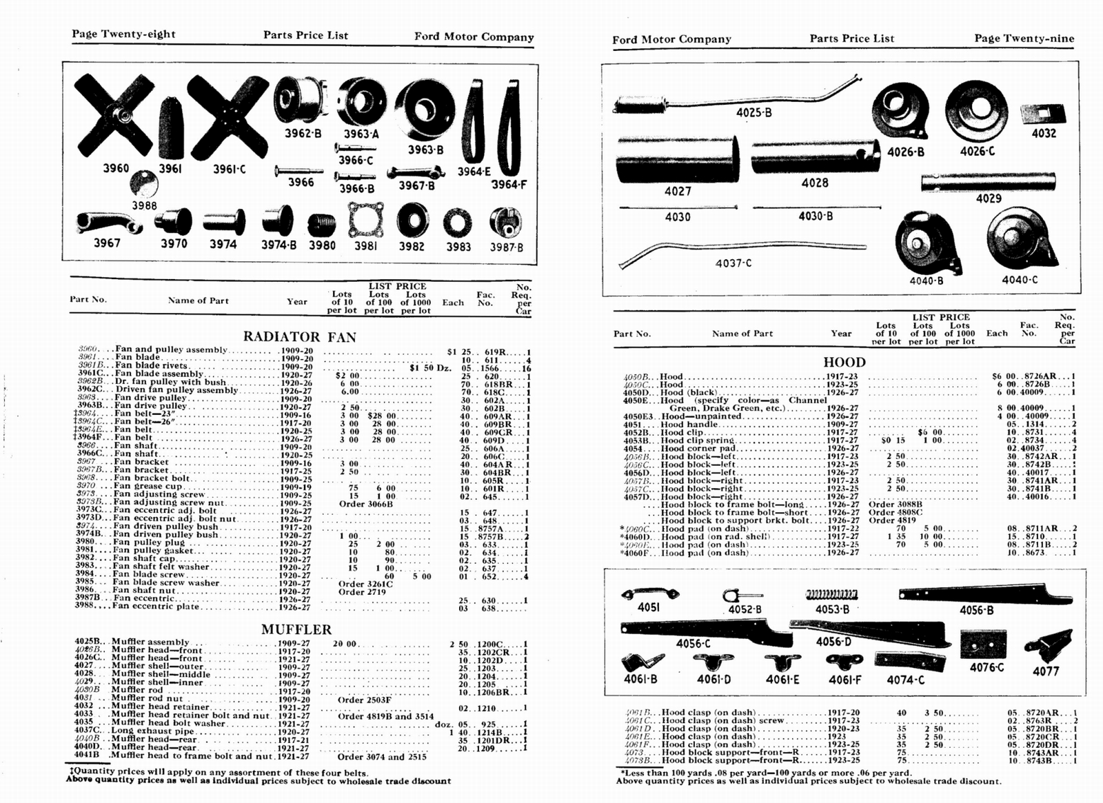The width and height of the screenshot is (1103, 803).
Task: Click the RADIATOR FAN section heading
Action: [299, 337]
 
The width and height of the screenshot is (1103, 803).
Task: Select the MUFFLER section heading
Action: [296, 629]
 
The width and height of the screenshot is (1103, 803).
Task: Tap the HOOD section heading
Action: [844, 362]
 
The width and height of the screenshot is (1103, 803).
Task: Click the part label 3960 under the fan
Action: [115, 168]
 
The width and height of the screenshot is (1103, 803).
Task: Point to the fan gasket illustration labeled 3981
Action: [365, 220]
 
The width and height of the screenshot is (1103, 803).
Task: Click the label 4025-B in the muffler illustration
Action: [753, 112]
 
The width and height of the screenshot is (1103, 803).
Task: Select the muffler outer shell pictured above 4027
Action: [677, 159]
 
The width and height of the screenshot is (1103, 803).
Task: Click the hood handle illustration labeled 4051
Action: [649, 593]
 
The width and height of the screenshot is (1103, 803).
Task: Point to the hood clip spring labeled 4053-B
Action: [831, 594]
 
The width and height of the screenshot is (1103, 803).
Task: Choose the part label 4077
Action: [1045, 671]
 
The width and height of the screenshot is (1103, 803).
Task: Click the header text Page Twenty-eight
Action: [123, 34]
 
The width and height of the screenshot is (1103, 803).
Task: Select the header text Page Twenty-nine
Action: [1024, 38]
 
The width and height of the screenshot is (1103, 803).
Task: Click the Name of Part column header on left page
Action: [198, 300]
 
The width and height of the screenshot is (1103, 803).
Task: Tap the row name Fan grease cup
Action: [148, 486]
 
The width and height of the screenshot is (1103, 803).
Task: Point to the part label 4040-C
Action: [1020, 280]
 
